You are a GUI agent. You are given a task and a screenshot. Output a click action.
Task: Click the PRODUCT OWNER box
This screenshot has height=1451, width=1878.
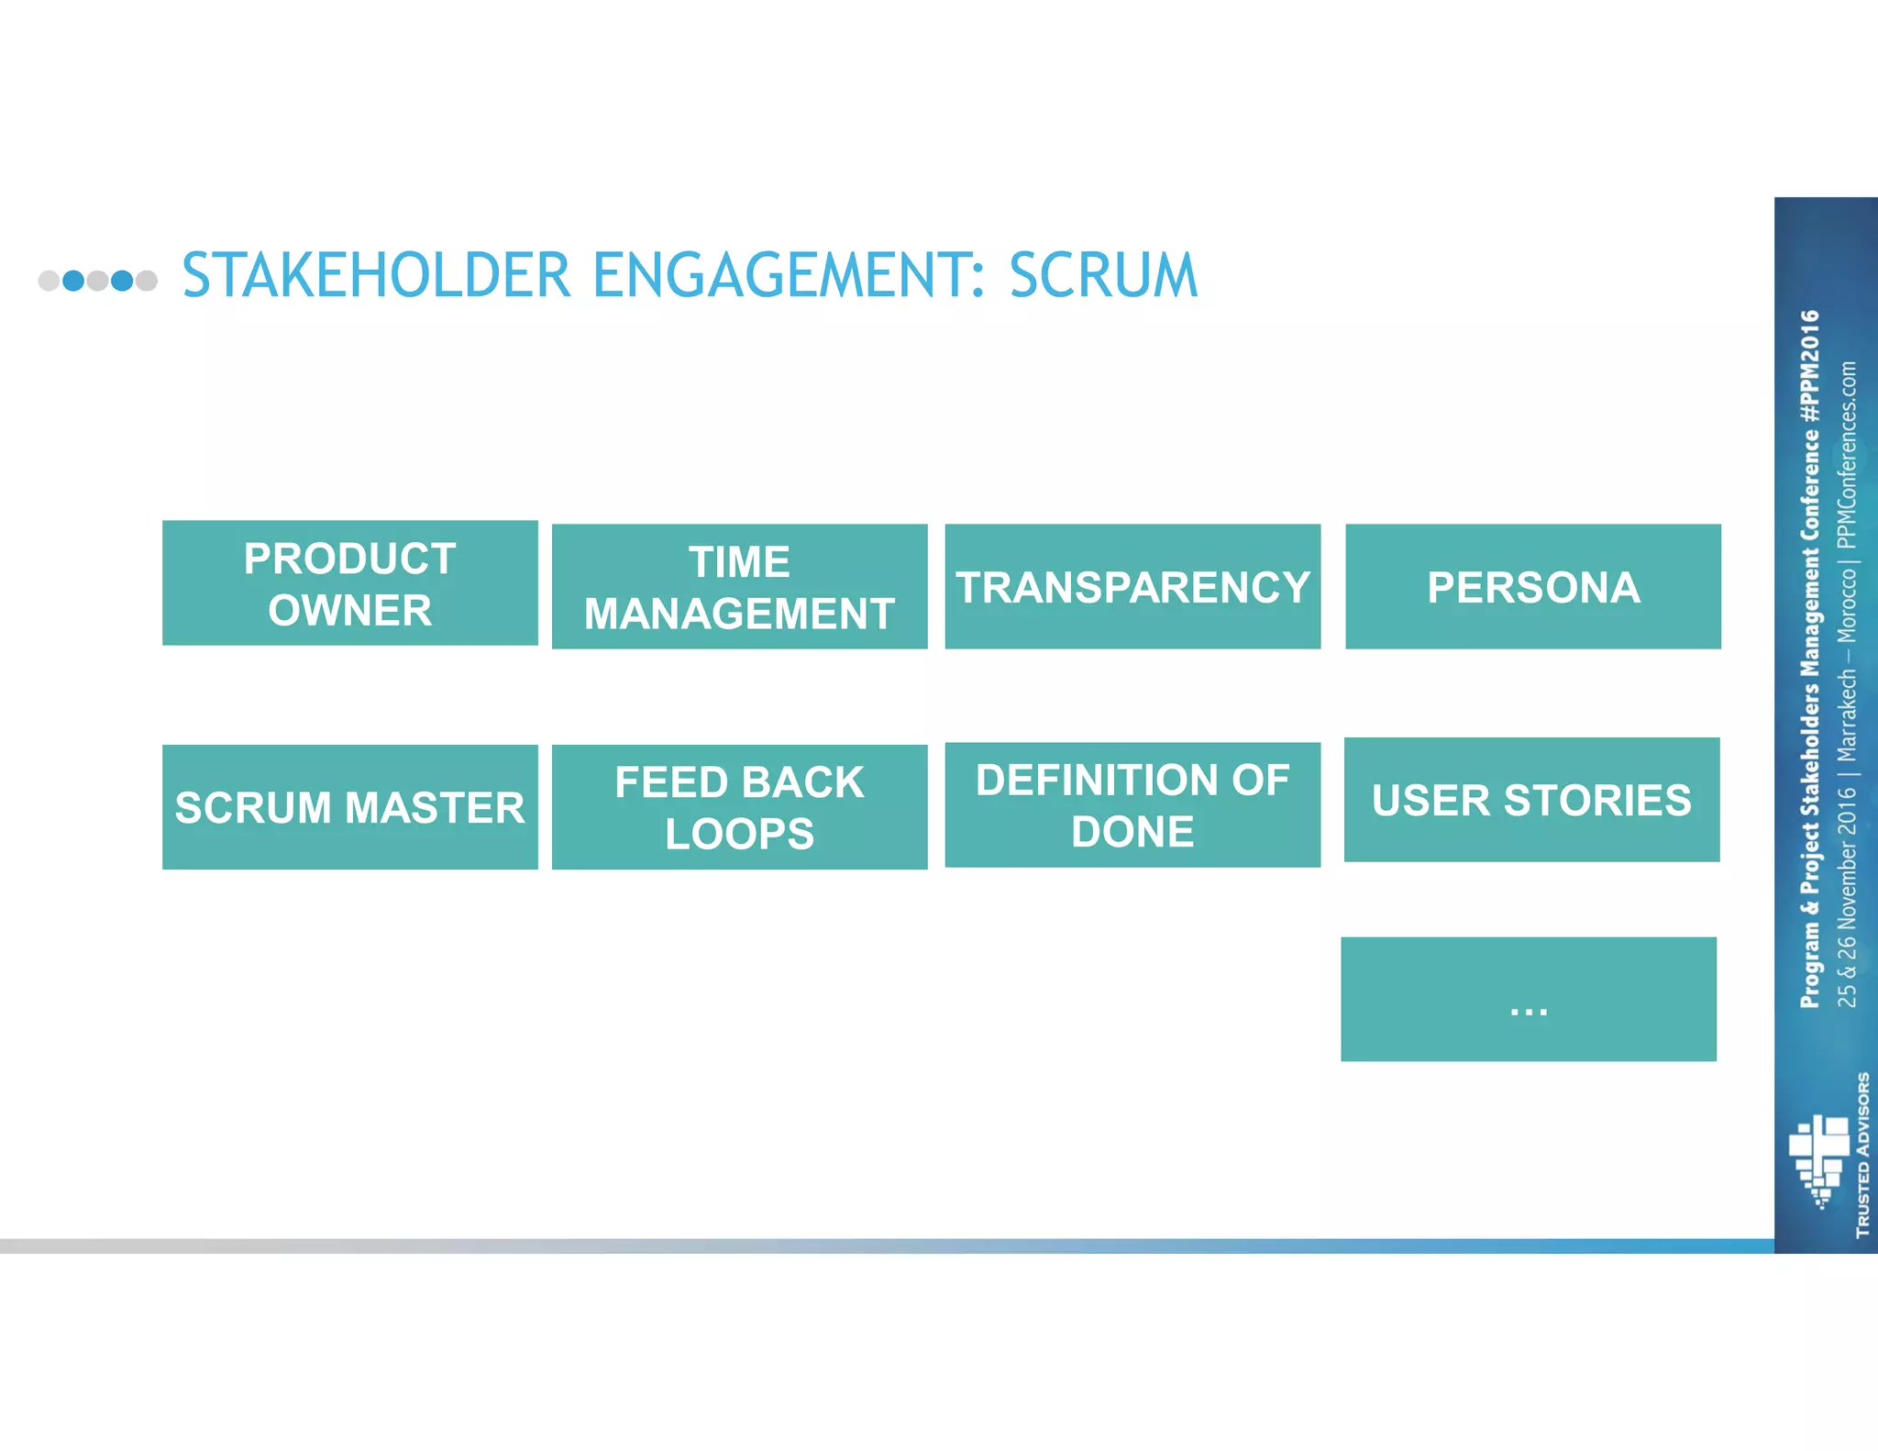pyautogui.click(x=349, y=583)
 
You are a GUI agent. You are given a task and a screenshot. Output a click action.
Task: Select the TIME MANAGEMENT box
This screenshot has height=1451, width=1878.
pyautogui.click(x=739, y=587)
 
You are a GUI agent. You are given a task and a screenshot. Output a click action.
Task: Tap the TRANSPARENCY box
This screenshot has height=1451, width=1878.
pyautogui.click(x=1132, y=587)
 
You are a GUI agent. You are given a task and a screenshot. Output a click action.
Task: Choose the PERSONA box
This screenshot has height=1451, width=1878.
pyautogui.click(x=1532, y=587)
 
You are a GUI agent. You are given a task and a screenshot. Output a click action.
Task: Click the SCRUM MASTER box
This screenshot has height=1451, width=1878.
pyautogui.click(x=349, y=807)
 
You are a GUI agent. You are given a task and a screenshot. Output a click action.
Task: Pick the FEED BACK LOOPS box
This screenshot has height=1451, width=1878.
pyautogui.click(x=739, y=807)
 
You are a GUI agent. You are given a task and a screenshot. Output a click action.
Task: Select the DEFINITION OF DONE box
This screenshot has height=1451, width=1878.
pyautogui.click(x=1132, y=805)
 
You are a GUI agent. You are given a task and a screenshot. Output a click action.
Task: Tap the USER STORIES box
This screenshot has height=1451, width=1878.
pyautogui.click(x=1531, y=800)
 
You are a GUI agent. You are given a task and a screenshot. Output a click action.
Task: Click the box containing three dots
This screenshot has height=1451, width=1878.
pyautogui.click(x=1528, y=1000)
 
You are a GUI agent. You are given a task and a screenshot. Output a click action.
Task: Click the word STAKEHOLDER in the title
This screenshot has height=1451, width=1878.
pyautogui.click(x=376, y=275)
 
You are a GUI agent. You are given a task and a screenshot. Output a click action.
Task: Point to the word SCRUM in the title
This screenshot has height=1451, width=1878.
pyautogui.click(x=1103, y=275)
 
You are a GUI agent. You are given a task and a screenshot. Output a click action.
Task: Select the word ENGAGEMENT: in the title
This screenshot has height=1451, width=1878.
pyautogui.click(x=790, y=275)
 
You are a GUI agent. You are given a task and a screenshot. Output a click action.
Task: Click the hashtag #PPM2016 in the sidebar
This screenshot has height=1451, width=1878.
pyautogui.click(x=1809, y=367)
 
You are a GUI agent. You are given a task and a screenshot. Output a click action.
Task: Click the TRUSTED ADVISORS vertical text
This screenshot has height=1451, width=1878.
pyautogui.click(x=1862, y=1154)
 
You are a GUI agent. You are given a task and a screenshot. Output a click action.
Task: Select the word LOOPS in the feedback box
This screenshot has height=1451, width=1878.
pyautogui.click(x=739, y=834)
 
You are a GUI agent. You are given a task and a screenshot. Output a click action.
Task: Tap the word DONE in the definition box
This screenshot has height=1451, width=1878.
pyautogui.click(x=1132, y=832)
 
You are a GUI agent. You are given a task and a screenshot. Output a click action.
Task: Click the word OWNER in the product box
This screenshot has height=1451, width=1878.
pyautogui.click(x=349, y=611)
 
